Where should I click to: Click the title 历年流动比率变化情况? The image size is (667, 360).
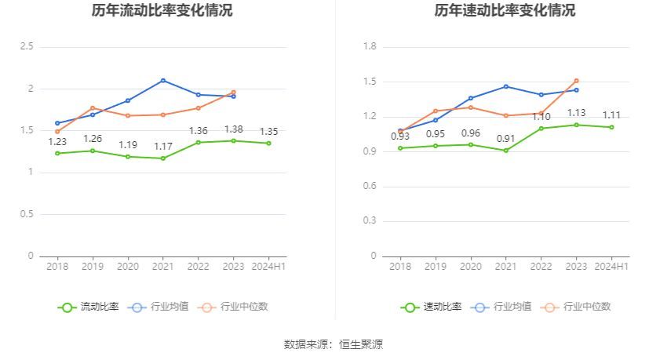pos(162,11)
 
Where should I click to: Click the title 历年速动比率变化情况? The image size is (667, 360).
pos(505,11)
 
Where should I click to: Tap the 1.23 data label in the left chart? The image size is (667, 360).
pos(57,142)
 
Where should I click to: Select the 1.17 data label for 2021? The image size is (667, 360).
pos(162,147)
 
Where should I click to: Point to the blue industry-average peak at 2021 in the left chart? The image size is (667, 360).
pos(162,80)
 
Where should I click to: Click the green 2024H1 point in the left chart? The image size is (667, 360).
pos(268,143)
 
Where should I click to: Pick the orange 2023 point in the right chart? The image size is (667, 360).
pos(576,80)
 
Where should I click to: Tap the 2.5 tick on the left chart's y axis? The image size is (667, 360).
pos(27,47)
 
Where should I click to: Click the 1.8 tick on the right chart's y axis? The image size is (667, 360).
pos(370,47)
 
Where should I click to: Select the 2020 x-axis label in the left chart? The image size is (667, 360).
pos(128,267)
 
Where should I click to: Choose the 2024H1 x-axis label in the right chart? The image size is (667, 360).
pos(611,267)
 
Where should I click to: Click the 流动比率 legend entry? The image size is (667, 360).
pos(89,307)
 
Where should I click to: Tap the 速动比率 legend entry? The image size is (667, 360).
pos(432,307)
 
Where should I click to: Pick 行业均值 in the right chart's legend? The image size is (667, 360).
pos(501,307)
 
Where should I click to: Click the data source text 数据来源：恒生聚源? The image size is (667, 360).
pos(333,344)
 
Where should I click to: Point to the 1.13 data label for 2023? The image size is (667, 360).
pos(576,113)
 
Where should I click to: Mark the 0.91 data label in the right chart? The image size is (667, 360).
pos(505,139)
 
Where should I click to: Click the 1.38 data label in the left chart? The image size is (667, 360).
pos(233,129)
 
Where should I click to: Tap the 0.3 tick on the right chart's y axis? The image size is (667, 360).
pos(370,221)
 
